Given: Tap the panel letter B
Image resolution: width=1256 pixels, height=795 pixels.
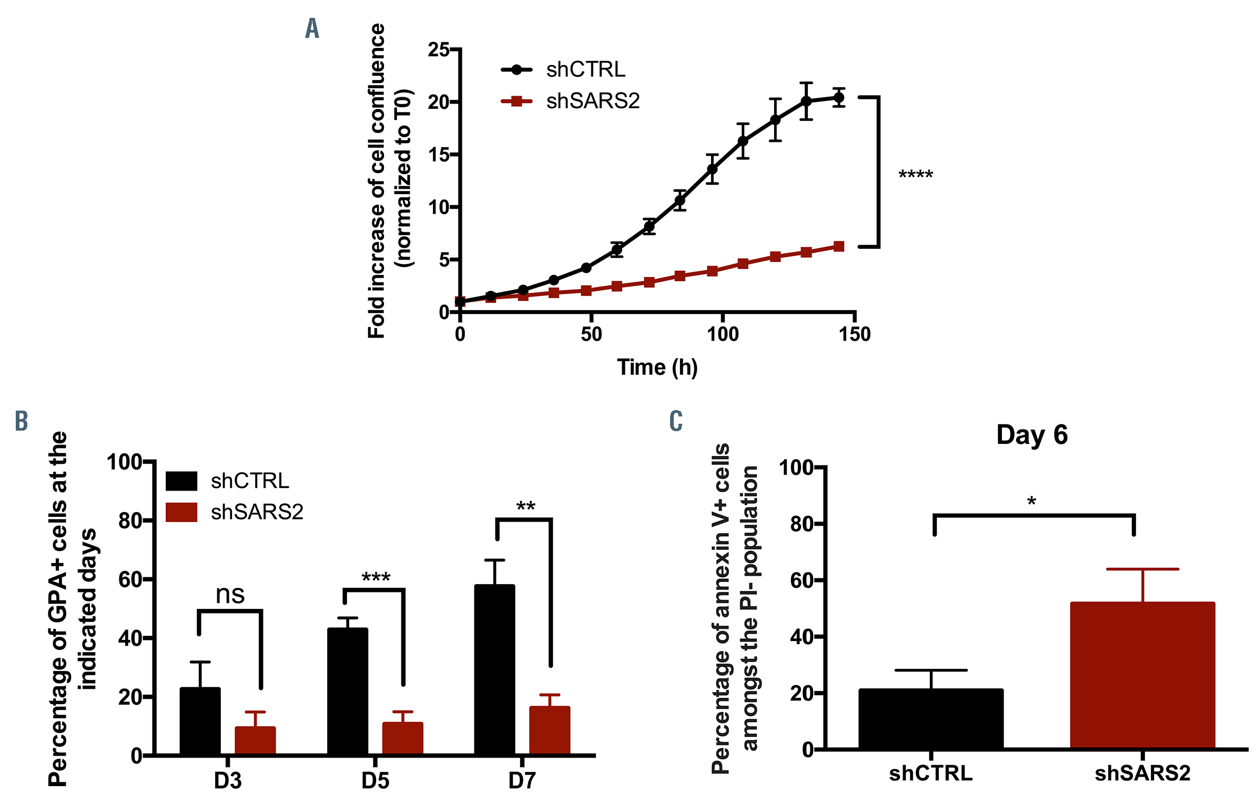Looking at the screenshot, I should pos(21,421).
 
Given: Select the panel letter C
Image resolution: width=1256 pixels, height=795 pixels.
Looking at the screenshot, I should pos(676,421).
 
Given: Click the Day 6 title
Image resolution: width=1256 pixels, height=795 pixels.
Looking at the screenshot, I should pos(1031,435).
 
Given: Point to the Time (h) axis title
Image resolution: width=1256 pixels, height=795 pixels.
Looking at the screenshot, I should pos(657,368).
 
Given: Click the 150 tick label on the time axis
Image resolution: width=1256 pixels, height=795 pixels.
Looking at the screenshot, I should pos(854,334).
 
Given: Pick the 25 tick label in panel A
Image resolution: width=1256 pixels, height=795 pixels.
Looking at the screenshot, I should pos(439,50).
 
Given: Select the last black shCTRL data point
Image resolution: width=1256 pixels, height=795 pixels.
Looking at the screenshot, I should pos(838,98).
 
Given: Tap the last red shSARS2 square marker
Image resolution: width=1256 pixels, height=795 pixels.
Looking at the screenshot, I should pos(838,247).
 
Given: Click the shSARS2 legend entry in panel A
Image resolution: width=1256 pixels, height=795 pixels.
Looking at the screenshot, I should pos(593,101).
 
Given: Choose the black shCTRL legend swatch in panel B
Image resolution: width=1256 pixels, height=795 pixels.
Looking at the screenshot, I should pos(181,481).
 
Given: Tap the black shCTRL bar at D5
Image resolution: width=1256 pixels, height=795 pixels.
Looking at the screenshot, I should pos(347,691).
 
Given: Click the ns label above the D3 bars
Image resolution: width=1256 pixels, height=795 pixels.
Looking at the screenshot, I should pos(230,595).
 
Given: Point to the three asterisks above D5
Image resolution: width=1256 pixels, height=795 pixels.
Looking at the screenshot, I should pos(376,578).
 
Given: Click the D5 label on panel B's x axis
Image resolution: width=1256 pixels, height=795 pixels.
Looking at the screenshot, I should pos(375,781).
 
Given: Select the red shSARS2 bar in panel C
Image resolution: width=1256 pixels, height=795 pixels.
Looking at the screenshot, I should pos(1142,675).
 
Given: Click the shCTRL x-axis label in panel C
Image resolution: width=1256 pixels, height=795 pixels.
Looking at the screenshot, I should pos(930,773).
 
